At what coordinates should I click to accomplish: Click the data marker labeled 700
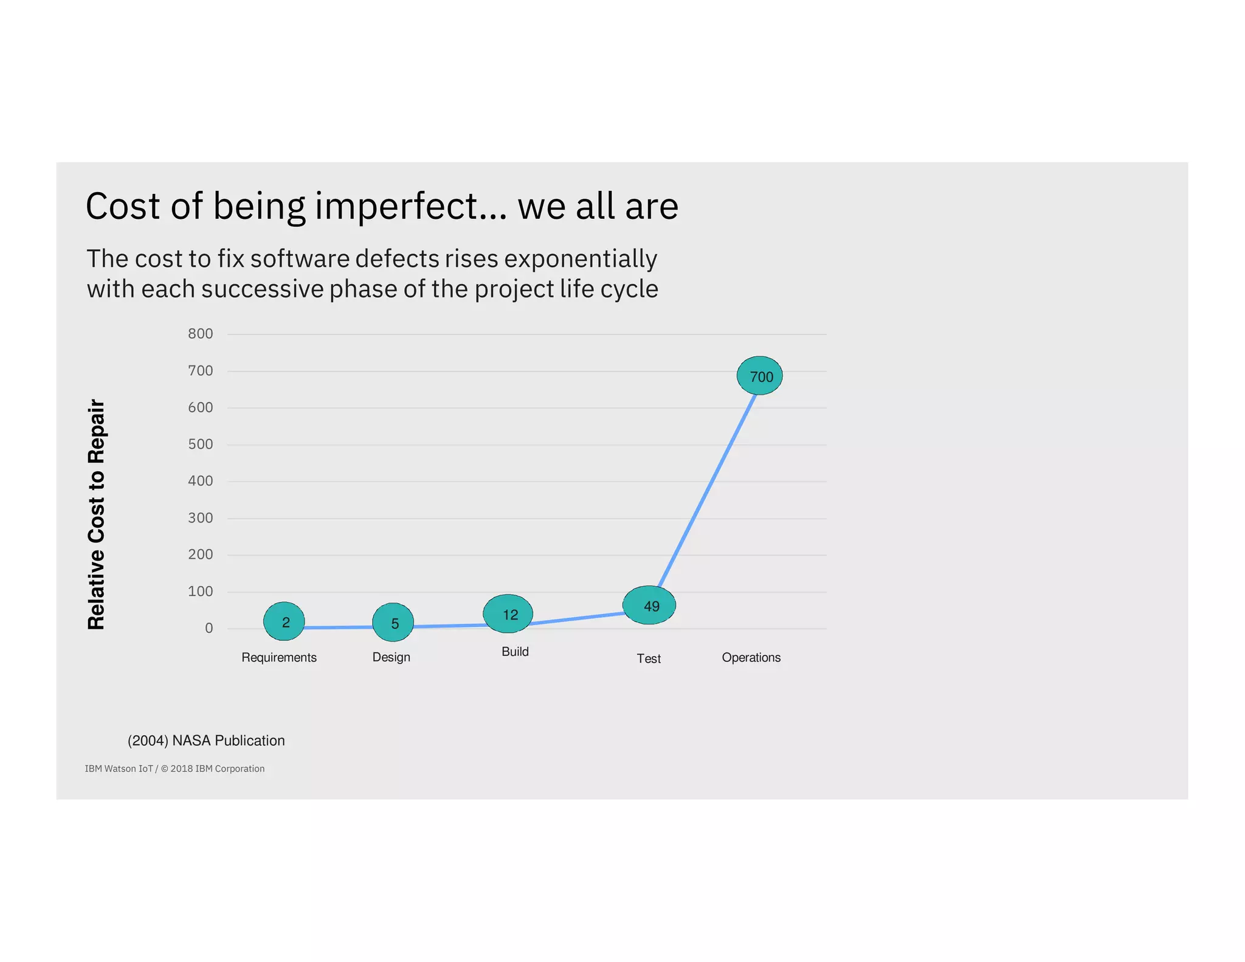(x=759, y=376)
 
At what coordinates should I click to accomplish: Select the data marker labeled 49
(x=649, y=605)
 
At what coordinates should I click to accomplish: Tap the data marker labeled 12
(x=508, y=614)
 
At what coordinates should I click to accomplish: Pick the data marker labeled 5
(x=393, y=623)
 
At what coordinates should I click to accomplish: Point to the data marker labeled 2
(x=284, y=621)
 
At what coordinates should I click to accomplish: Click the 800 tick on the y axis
(x=200, y=334)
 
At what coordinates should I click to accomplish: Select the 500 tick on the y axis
(x=200, y=445)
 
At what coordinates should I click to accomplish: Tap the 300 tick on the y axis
(x=200, y=518)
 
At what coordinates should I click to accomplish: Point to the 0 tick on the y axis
(x=209, y=628)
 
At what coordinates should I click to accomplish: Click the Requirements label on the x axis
(x=279, y=657)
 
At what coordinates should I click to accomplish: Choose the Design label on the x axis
(x=391, y=657)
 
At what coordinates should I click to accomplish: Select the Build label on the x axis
(x=515, y=652)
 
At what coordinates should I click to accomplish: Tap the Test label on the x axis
(x=649, y=659)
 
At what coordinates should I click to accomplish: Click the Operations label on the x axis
(x=751, y=657)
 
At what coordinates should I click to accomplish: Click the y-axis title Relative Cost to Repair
(x=97, y=514)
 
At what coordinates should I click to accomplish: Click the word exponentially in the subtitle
(x=581, y=259)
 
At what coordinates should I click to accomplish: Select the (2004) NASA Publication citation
(x=206, y=741)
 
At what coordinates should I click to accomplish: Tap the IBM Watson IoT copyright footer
(x=174, y=769)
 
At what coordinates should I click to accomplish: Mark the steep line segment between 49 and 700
(x=707, y=491)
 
